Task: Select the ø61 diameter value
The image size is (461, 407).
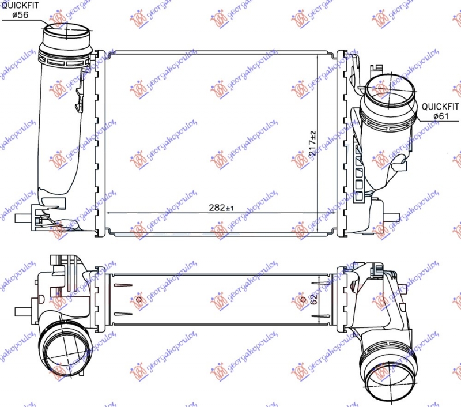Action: click(441, 116)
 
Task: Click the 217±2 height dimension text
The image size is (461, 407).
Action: click(313, 144)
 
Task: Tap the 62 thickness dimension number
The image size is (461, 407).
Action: click(313, 299)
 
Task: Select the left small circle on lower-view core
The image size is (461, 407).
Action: click(139, 299)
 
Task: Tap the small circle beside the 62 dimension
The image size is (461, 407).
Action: click(304, 299)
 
